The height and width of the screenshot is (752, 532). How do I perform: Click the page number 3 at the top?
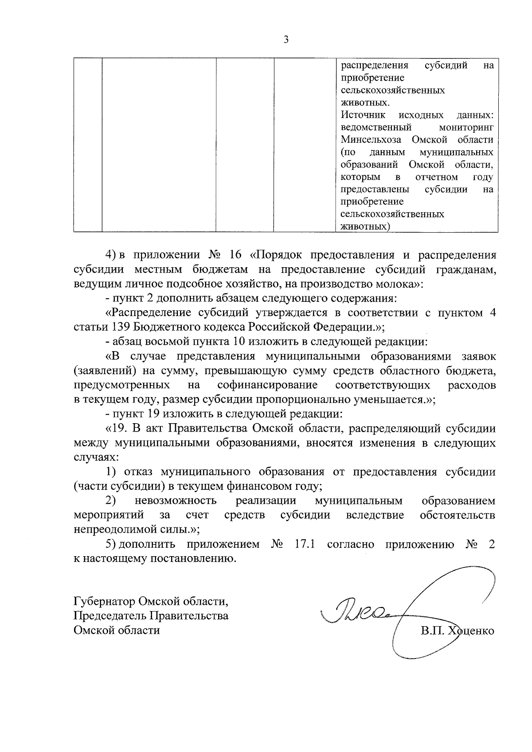[286, 40]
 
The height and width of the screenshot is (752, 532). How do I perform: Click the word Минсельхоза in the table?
[371, 140]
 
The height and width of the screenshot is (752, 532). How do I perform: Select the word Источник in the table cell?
[363, 115]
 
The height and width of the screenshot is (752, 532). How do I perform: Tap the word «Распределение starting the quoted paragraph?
[149, 313]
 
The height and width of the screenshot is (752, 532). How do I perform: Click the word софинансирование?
[267, 385]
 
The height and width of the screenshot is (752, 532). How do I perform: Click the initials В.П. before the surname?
[433, 630]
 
